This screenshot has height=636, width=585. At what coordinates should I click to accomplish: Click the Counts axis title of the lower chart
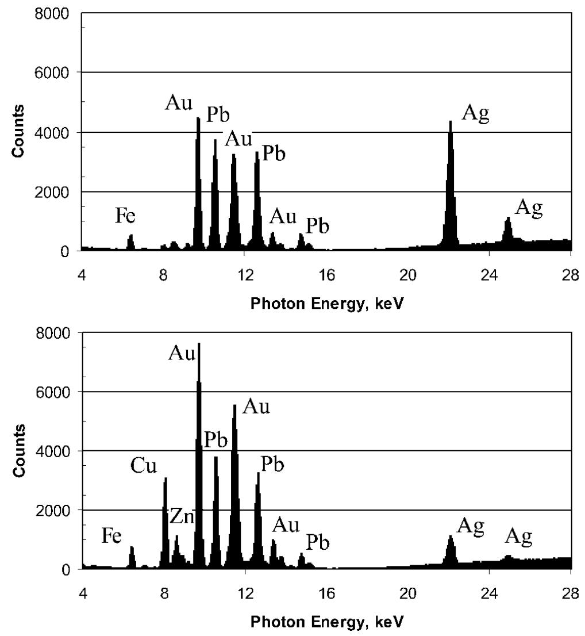[19, 451]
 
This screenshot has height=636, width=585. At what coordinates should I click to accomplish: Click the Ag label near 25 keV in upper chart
[529, 208]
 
